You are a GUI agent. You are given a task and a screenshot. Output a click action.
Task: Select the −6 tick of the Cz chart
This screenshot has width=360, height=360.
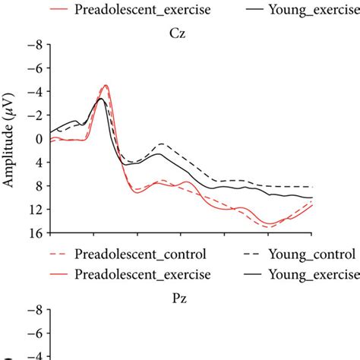point(33,68)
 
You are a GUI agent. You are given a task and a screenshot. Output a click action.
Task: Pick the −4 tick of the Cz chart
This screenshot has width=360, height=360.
point(33,92)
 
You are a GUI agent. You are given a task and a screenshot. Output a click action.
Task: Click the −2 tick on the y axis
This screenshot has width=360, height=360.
point(33,115)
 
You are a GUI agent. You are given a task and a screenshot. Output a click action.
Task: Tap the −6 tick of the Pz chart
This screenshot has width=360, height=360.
point(33,333)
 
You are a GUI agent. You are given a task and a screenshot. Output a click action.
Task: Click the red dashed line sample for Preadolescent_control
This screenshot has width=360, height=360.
point(58,254)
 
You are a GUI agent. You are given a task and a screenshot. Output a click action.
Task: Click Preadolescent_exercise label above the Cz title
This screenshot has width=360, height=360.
point(142,11)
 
